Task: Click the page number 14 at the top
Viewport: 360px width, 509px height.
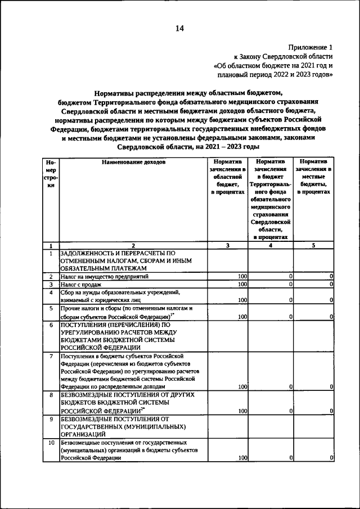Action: (x=179, y=28)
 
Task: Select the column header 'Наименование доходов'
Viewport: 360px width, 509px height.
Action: (x=133, y=161)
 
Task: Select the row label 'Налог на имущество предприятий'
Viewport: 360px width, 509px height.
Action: (x=105, y=277)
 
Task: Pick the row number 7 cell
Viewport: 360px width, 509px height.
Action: (x=51, y=357)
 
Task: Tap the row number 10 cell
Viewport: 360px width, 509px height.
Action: (x=51, y=443)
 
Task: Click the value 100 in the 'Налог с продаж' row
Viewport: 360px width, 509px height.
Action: (x=242, y=285)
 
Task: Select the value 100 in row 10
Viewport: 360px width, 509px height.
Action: (x=242, y=458)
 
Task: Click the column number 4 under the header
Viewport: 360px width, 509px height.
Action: (x=271, y=245)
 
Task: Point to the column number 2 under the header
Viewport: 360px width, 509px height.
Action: (x=133, y=245)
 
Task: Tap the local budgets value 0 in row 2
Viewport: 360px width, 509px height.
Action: (x=331, y=277)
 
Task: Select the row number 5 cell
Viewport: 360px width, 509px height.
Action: (x=51, y=308)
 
